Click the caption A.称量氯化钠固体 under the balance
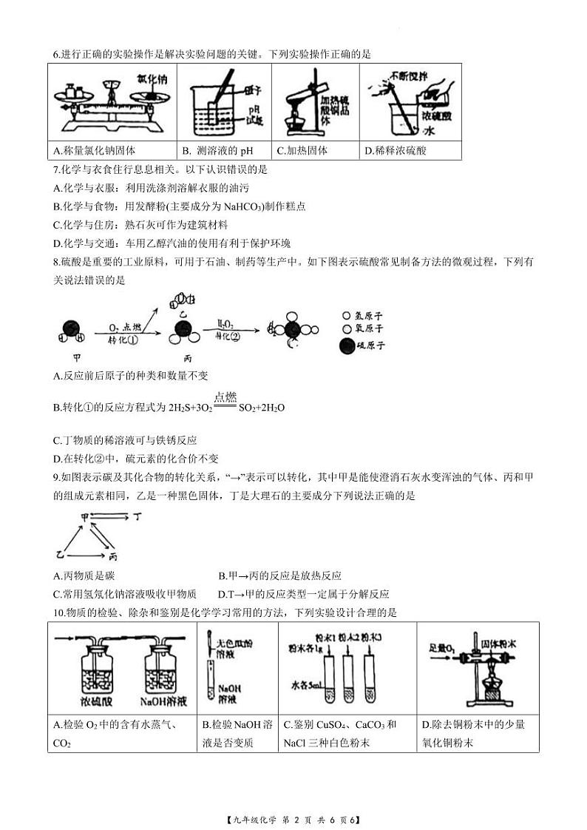(95, 151)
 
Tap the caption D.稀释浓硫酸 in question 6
(396, 151)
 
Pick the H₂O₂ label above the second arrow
(207, 323)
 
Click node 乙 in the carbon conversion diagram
(61, 554)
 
